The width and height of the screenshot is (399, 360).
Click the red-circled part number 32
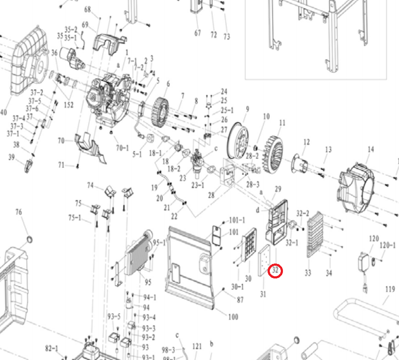(x=275, y=271)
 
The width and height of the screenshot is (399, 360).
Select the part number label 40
(x=4, y=112)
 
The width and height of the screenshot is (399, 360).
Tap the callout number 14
(x=371, y=150)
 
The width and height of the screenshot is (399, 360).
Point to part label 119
(x=389, y=289)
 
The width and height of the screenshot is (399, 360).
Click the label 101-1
(x=237, y=220)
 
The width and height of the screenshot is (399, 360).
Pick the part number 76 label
(x=18, y=212)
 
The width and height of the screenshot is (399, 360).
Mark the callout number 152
(x=68, y=105)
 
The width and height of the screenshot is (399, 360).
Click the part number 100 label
(x=233, y=316)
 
